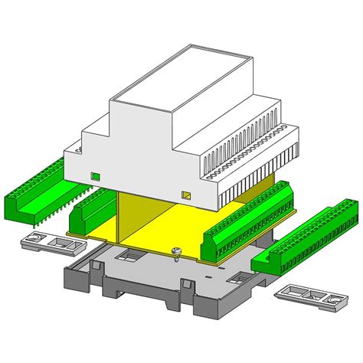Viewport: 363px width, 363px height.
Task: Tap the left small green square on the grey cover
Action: point(96,176)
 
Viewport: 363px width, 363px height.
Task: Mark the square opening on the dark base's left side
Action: point(131,254)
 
